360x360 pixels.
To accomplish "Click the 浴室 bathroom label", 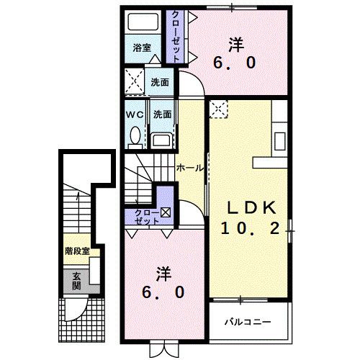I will click(x=142, y=48).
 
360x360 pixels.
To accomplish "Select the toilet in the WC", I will click(x=135, y=135).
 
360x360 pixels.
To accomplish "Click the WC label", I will click(x=134, y=114).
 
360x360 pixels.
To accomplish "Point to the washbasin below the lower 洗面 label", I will click(x=162, y=139).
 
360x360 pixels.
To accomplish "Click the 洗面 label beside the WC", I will click(x=161, y=114).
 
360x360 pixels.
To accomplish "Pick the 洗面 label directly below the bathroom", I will click(x=160, y=82).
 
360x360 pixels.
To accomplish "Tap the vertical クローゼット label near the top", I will click(x=175, y=37).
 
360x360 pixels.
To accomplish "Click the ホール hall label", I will click(x=189, y=168).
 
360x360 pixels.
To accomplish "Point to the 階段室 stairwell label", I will click(x=77, y=251).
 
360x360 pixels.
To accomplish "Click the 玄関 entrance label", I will click(x=76, y=282).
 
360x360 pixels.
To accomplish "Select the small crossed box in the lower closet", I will click(x=166, y=212).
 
